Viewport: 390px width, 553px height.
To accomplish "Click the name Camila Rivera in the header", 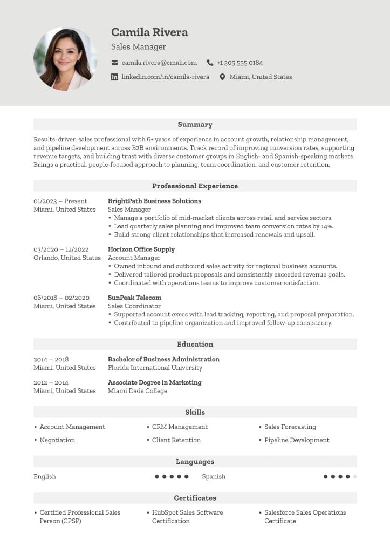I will click(x=149, y=32).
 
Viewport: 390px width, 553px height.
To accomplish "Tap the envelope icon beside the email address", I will click(x=114, y=63).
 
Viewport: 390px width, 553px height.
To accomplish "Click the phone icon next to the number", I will click(x=210, y=63).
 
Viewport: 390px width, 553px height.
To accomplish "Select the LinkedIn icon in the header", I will click(x=114, y=77).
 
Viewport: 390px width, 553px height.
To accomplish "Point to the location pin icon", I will click(x=222, y=77).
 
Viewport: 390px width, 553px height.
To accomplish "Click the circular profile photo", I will click(x=65, y=59).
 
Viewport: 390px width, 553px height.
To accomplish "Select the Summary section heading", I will click(x=195, y=125).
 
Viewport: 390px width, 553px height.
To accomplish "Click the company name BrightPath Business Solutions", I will click(x=154, y=201).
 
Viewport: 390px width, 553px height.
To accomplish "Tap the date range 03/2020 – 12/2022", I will click(x=61, y=249).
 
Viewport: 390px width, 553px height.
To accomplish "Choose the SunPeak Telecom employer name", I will click(x=134, y=298).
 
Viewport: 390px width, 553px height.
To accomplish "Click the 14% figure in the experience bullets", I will click(x=326, y=226).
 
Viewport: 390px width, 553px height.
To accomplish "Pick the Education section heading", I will click(x=195, y=345).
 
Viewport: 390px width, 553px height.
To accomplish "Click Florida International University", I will click(x=155, y=368).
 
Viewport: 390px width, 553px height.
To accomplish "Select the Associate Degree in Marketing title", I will click(x=154, y=382).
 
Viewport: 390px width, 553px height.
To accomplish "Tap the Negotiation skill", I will click(x=57, y=440).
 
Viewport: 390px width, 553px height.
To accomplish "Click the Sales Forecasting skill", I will click(x=290, y=427).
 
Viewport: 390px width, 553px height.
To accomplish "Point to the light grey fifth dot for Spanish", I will click(x=355, y=477).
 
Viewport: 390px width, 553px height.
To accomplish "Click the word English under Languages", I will click(x=45, y=477).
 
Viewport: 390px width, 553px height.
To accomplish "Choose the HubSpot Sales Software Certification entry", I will click(x=187, y=517).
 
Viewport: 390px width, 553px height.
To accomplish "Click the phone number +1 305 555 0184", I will click(x=240, y=63).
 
